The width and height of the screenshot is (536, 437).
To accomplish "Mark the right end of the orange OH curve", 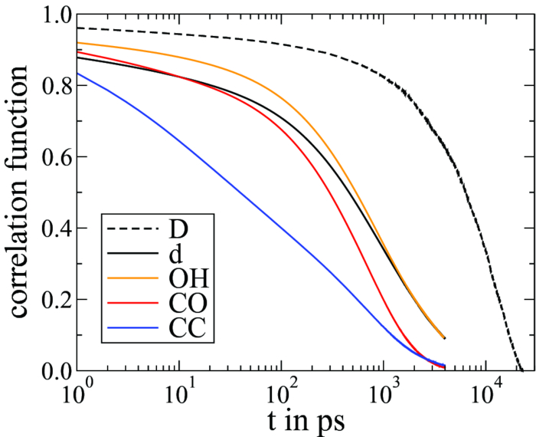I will coord(444,337).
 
